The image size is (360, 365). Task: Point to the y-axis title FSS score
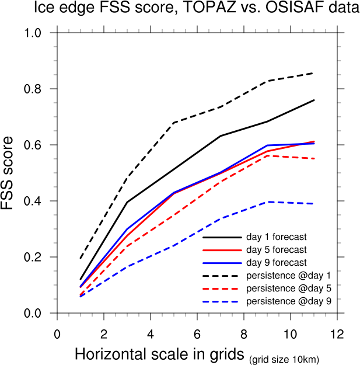tap(13, 173)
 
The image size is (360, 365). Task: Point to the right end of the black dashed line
tap(314, 73)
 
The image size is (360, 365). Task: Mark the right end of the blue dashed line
tap(314, 204)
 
